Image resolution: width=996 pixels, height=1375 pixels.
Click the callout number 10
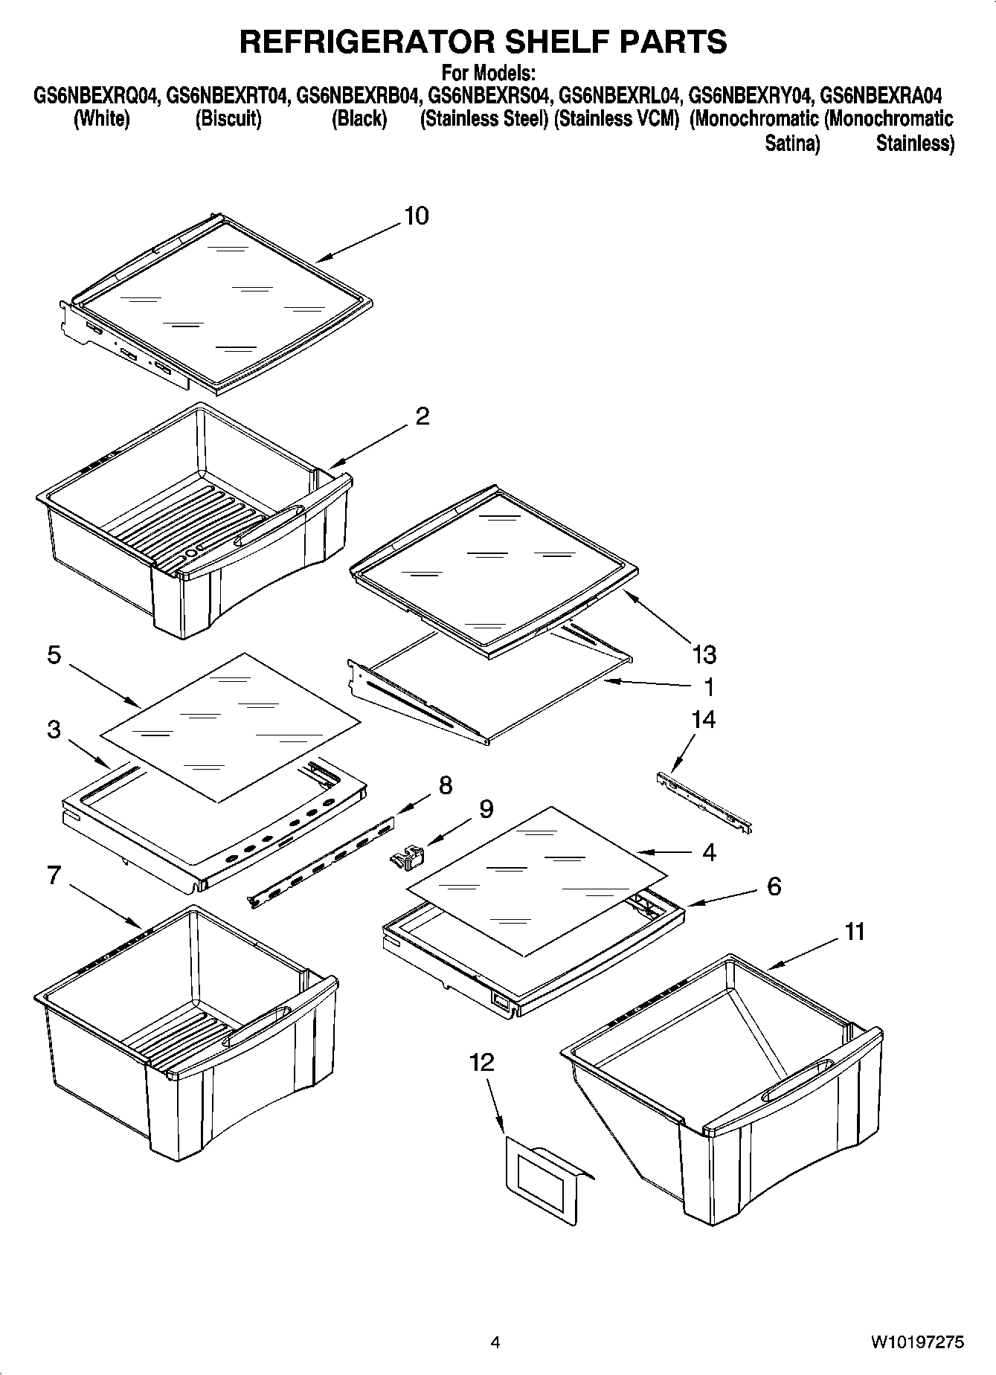416,216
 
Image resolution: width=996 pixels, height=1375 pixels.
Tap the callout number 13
704,654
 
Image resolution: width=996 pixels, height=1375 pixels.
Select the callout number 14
703,719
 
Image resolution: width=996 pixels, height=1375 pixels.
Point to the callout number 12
482,1062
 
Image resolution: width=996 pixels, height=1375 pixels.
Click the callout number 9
486,809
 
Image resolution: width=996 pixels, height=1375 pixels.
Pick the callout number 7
54,875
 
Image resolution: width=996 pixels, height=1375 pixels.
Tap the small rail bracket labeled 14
704,802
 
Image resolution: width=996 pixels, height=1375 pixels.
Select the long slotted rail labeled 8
322,860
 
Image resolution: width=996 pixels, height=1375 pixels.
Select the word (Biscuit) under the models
228,119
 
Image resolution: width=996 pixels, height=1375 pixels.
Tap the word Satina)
792,144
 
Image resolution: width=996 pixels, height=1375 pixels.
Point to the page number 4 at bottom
495,1342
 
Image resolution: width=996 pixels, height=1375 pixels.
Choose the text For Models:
488,74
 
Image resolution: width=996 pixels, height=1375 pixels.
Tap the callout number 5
54,656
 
